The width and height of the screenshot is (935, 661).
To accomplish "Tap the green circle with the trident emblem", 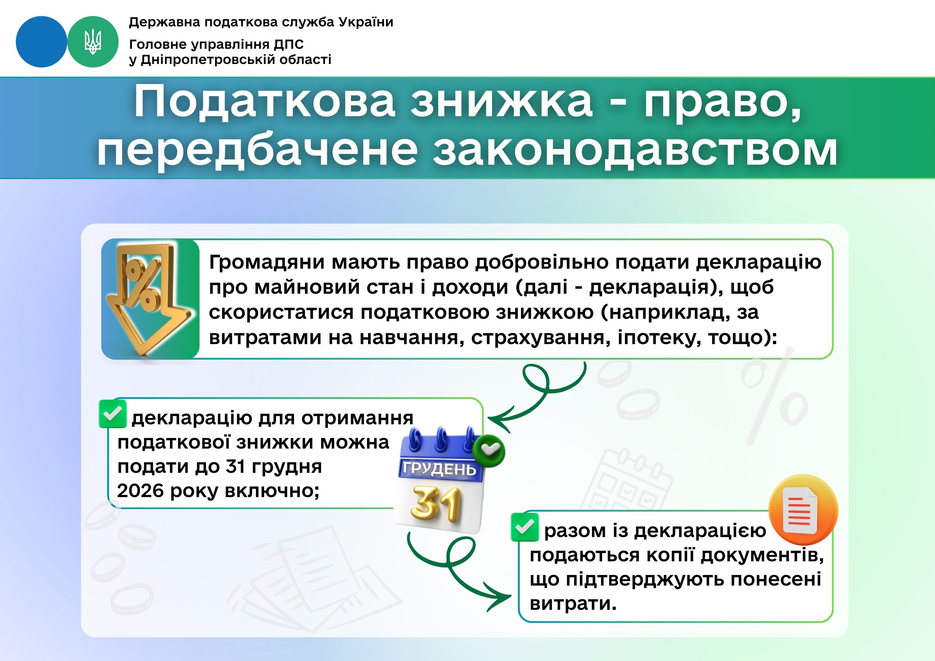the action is (93, 42).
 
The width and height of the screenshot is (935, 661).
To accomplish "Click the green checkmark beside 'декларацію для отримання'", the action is (112, 414).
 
